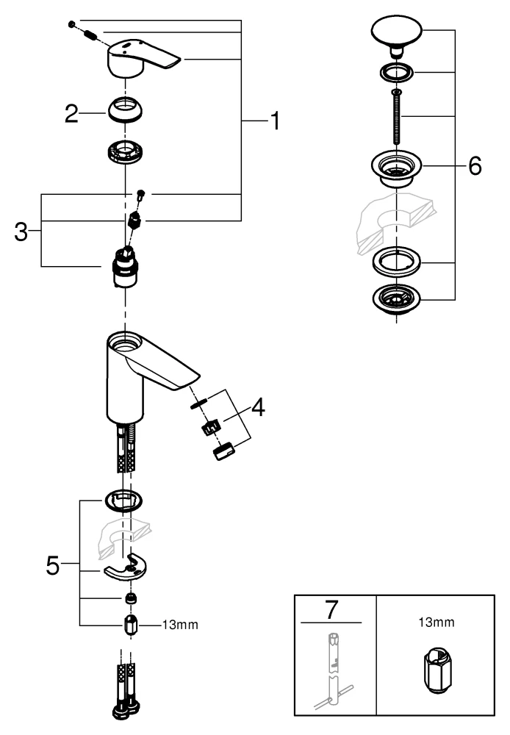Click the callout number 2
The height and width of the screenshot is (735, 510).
[71, 113]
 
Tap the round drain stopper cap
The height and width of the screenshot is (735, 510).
[397, 33]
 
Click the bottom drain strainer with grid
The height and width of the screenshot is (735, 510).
[397, 299]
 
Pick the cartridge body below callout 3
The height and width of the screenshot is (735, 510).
[125, 268]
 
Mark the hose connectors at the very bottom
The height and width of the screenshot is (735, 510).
[125, 691]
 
